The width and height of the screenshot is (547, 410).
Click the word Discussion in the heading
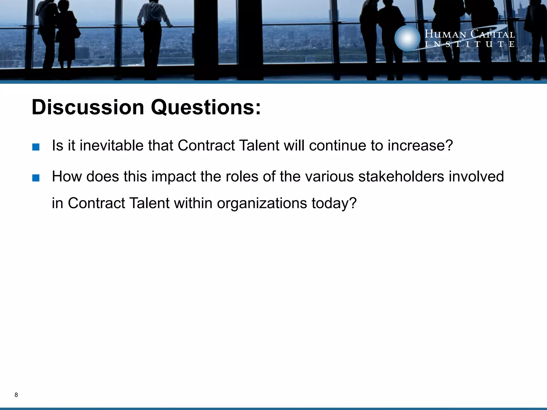pos(88,107)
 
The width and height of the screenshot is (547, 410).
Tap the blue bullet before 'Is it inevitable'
pos(36,147)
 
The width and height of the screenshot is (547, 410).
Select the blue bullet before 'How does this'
pos(36,178)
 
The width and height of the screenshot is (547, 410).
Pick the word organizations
pos(262,203)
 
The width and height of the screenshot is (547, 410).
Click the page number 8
pos(16,395)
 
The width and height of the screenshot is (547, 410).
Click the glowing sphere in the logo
pos(407,38)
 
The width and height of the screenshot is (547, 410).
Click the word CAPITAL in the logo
pos(493,34)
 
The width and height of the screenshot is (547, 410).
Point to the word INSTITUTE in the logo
pos(470,44)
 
